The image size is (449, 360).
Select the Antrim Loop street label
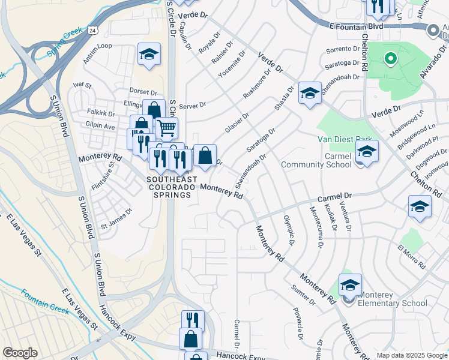[98, 46]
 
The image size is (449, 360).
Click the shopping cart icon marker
[166, 127]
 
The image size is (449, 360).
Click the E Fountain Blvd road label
[357, 26]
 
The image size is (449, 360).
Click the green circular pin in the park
[390, 58]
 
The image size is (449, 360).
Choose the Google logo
[20, 353]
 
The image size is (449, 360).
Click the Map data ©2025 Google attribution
[411, 355]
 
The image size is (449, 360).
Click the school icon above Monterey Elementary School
[350, 284]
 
